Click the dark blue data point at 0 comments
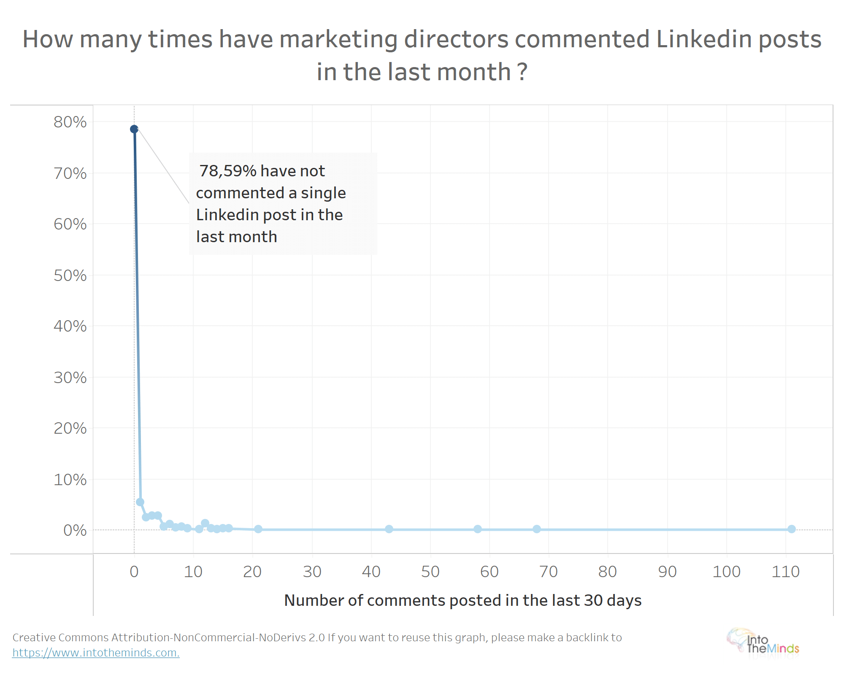click(x=134, y=129)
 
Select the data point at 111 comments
click(x=792, y=529)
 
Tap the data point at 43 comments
click(x=389, y=529)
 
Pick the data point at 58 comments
click(x=478, y=529)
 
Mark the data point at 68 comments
click(x=537, y=529)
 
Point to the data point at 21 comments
click(x=258, y=529)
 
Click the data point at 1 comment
click(x=140, y=502)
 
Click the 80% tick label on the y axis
click(x=70, y=122)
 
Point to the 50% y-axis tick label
click(x=70, y=275)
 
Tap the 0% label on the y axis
click(x=75, y=530)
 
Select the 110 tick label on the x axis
click(x=786, y=572)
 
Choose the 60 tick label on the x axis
click(x=490, y=572)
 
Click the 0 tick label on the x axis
click(x=134, y=572)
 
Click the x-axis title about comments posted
click(x=463, y=600)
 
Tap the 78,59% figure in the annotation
click(x=227, y=171)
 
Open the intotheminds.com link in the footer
click(x=96, y=653)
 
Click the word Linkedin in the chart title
click(x=703, y=39)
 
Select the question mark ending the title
click(x=522, y=72)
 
